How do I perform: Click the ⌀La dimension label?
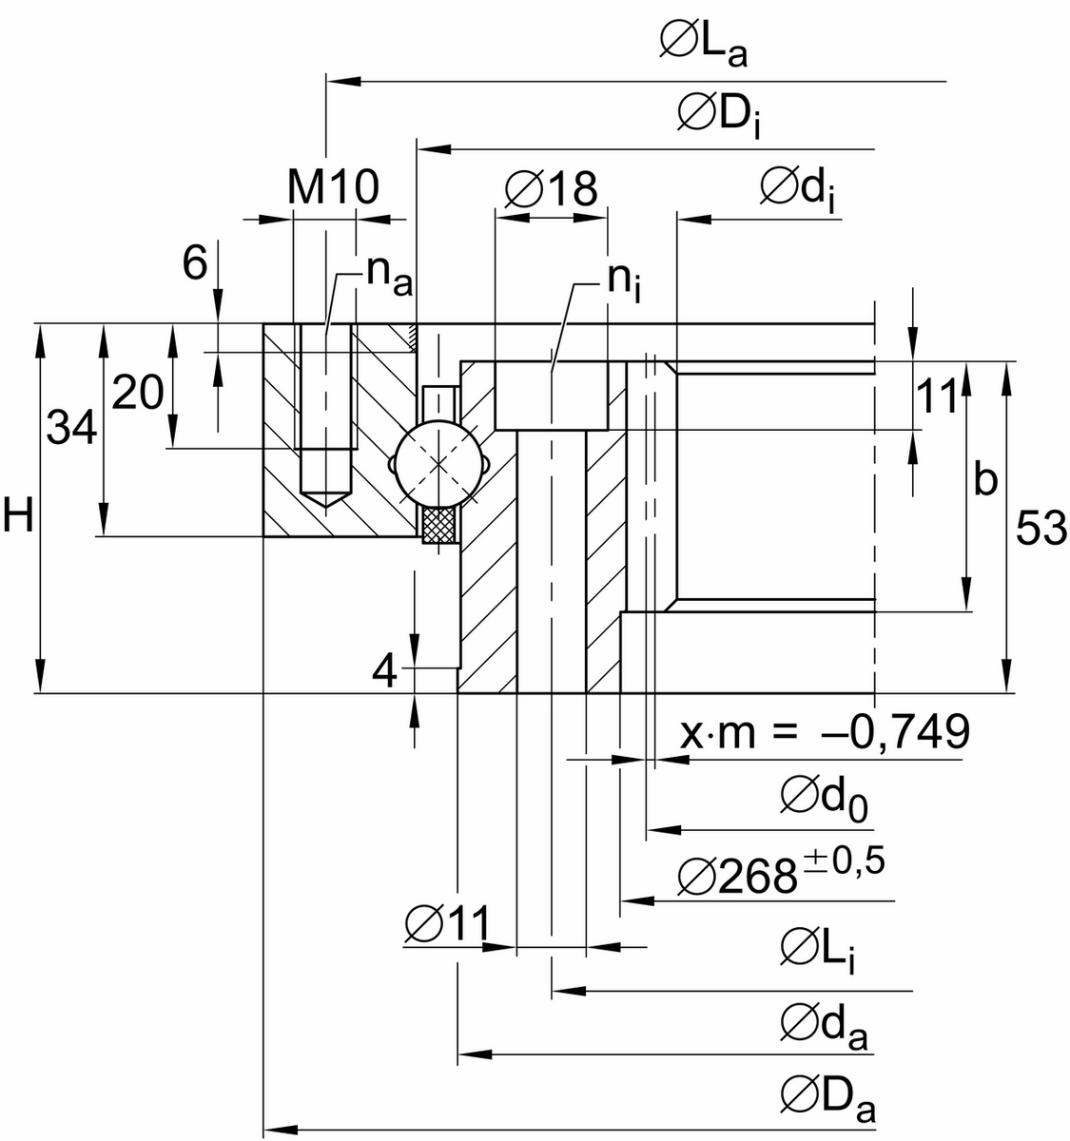[703, 44]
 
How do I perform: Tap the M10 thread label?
[333, 188]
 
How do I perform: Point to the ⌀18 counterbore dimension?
[551, 188]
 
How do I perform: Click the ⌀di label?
[799, 188]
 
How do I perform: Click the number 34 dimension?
[72, 431]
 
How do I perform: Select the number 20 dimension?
[137, 392]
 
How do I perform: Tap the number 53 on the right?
[1041, 529]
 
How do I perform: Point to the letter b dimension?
[985, 481]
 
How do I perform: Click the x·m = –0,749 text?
[825, 731]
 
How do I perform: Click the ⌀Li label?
[817, 950]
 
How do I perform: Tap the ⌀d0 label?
[824, 797]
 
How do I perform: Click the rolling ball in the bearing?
[438, 464]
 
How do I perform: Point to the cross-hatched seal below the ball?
[439, 525]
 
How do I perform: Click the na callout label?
[389, 275]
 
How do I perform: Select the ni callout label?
[624, 280]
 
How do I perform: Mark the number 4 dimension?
[385, 672]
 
